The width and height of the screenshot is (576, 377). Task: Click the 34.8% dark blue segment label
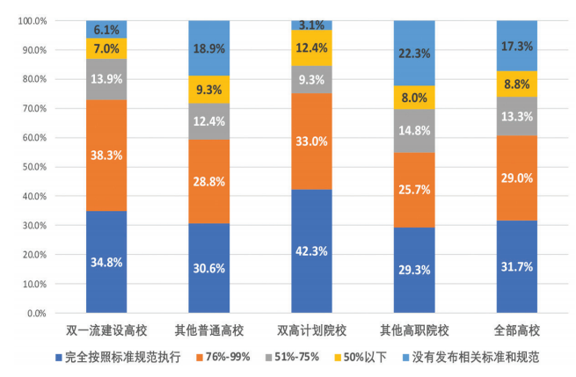106,262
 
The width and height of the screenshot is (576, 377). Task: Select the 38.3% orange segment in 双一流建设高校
106,155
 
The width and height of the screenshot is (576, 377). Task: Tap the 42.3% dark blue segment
311,251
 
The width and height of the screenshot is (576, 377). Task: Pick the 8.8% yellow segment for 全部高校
516,83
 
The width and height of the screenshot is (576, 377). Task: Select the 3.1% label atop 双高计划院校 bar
311,25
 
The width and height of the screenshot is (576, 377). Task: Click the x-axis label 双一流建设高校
106,330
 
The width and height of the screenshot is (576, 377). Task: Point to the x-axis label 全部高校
516,330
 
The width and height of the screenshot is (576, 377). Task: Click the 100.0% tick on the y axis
32,20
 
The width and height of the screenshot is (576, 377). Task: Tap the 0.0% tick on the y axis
36,314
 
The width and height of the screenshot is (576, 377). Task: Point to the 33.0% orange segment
311,141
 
